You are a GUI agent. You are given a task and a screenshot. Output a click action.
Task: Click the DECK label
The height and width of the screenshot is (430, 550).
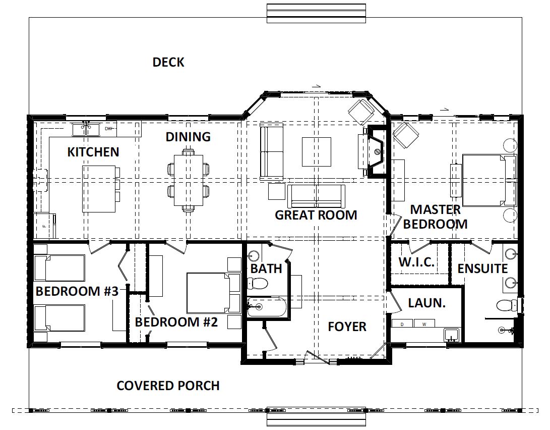pos(168,62)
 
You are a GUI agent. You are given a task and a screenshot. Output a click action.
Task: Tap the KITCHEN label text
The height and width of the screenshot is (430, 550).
pos(93,152)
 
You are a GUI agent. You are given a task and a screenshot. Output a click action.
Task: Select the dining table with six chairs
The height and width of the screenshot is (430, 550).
pos(189,180)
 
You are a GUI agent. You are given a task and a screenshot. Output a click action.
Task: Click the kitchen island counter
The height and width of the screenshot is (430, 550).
pos(99,189)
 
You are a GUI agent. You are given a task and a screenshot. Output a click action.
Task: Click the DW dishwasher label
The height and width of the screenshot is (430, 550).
pos(109,129)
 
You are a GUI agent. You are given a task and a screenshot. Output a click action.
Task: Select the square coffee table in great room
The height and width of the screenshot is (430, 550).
pos(317,151)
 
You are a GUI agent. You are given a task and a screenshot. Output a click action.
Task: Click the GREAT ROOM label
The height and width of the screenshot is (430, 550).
pos(316,215)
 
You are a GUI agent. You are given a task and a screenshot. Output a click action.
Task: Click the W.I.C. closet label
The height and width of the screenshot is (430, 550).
pos(416,262)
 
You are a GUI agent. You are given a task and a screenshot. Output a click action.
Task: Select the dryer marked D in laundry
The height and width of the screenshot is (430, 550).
pos(402,324)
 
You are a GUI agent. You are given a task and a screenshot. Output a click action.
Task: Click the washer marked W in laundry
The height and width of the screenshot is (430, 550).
pos(424,324)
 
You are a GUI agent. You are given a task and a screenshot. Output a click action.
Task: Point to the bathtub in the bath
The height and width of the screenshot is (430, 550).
pos(267,307)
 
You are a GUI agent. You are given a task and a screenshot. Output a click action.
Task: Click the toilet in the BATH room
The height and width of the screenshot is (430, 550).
pos(257,283)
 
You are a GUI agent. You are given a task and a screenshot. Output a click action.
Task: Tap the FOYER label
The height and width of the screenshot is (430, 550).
pos(347,327)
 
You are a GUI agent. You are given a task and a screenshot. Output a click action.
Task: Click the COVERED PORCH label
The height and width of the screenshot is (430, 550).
pos(168,386)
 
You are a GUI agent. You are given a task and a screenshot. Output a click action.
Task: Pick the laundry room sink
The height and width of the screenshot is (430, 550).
pos(451,335)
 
